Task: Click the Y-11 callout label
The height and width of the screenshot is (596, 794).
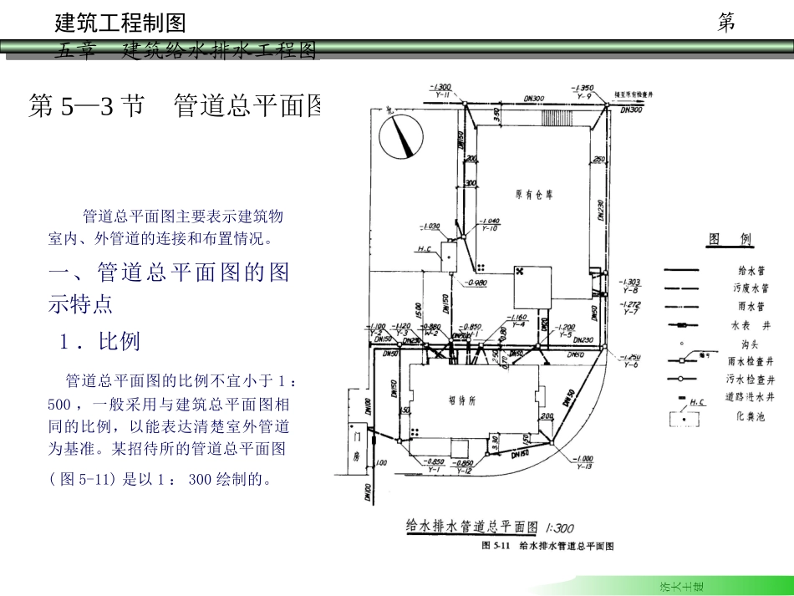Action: pyautogui.click(x=443, y=94)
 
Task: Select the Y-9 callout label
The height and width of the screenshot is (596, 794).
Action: pyautogui.click(x=585, y=95)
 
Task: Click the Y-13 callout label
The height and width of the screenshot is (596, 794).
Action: pyautogui.click(x=584, y=466)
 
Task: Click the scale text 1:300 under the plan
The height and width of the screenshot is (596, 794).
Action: pyautogui.click(x=559, y=528)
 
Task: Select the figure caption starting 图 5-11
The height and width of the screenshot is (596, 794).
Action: pyautogui.click(x=547, y=546)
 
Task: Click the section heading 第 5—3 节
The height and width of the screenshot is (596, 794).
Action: pyautogui.click(x=85, y=106)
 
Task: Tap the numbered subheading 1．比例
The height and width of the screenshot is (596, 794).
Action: pyautogui.click(x=99, y=341)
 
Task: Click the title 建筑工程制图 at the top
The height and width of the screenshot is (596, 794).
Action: pyautogui.click(x=120, y=23)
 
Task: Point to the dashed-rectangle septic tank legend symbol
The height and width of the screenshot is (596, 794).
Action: pyautogui.click(x=685, y=416)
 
